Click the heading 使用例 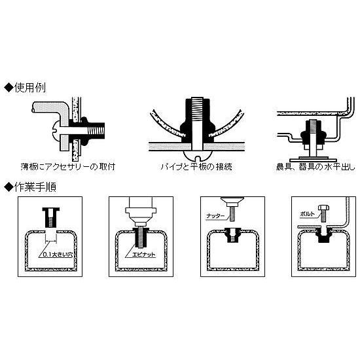(30, 88)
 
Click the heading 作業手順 (35, 187)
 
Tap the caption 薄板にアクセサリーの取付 (68, 166)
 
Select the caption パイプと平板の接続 (196, 166)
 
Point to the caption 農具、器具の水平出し (315, 166)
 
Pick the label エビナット (144, 255)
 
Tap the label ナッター (215, 216)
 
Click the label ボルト (308, 214)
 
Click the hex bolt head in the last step (323, 207)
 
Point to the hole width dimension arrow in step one (51, 241)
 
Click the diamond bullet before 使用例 (9, 88)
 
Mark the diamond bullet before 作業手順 (9, 187)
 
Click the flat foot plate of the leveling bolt (313, 160)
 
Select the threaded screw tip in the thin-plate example (96, 131)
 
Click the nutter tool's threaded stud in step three (232, 214)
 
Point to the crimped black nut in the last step (324, 236)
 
